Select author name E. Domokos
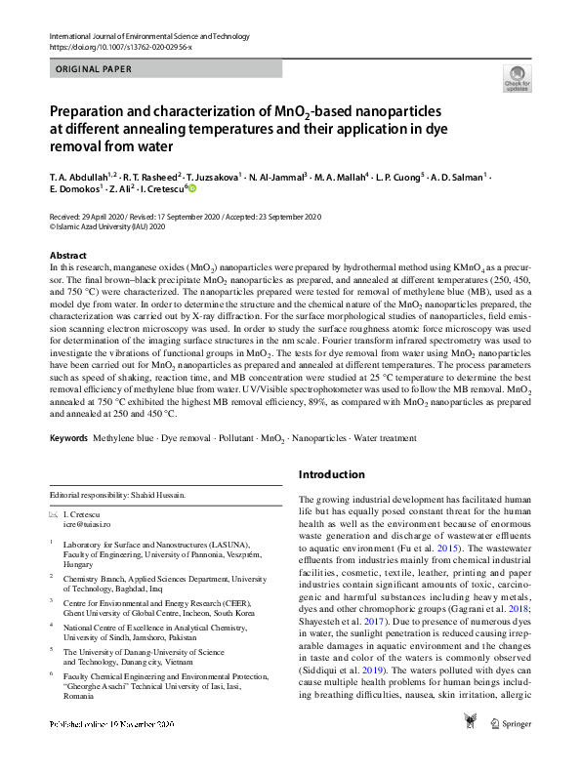77,191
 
